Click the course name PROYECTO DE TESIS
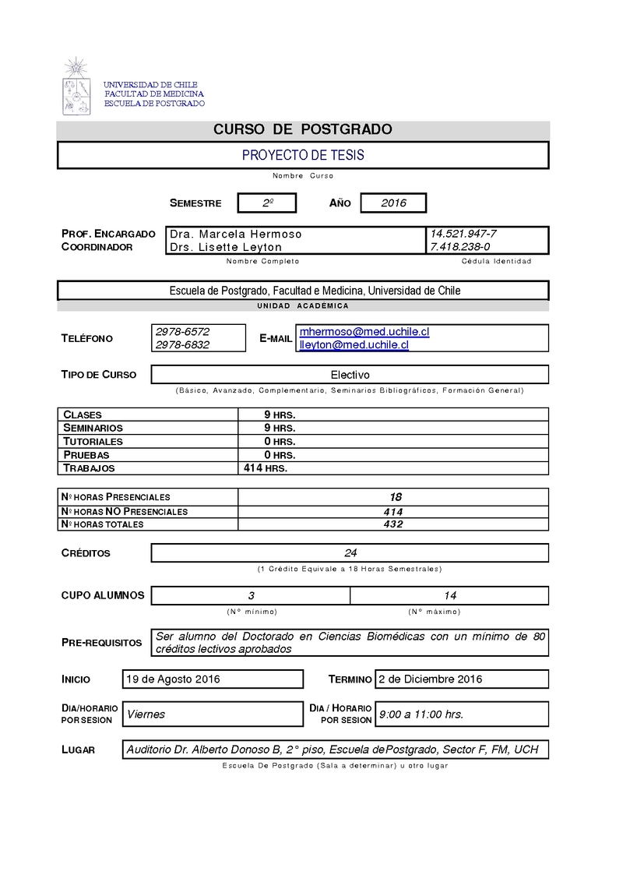303,155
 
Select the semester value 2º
267,203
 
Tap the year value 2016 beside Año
393,203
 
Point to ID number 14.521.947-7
463,234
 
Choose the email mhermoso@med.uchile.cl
364,332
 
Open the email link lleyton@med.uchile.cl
354,344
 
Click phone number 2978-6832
182,344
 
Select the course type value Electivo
350,375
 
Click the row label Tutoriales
93,441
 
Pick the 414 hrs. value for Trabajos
266,468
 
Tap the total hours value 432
392,524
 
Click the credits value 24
350,553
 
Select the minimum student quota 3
252,595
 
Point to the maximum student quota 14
449,595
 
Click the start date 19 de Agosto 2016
173,679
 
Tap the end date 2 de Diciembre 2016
430,679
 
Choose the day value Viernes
146,714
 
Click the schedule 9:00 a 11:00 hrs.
421,714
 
